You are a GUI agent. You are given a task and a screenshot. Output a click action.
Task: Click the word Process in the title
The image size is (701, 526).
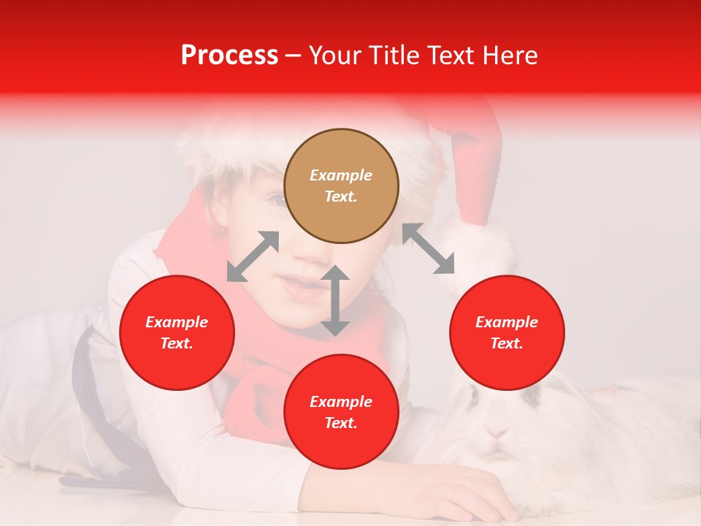click(x=229, y=56)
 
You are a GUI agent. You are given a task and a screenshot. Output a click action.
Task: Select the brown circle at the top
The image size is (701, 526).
click(x=341, y=186)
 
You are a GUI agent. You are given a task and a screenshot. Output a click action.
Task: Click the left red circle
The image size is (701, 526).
click(x=177, y=332)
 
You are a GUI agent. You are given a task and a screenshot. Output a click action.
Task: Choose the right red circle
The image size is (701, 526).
click(x=507, y=332)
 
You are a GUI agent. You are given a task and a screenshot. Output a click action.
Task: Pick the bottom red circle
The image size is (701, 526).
click(x=341, y=412)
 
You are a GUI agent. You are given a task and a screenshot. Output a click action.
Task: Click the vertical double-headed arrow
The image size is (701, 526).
click(x=335, y=300)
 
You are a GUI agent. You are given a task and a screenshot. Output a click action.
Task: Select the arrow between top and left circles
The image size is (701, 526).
click(x=253, y=256)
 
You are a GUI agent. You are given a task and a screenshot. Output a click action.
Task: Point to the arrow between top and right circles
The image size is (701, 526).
click(x=428, y=248)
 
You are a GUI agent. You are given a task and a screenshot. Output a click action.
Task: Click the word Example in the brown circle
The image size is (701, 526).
click(x=341, y=175)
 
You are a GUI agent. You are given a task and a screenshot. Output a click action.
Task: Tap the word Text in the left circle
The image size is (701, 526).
click(x=177, y=343)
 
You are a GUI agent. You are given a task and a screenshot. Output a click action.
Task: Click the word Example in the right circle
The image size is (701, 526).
click(x=507, y=322)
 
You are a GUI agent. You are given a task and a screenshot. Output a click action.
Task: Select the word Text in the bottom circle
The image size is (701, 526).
click(x=341, y=423)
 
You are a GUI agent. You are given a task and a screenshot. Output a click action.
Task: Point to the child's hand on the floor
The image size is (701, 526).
click(x=467, y=493)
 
